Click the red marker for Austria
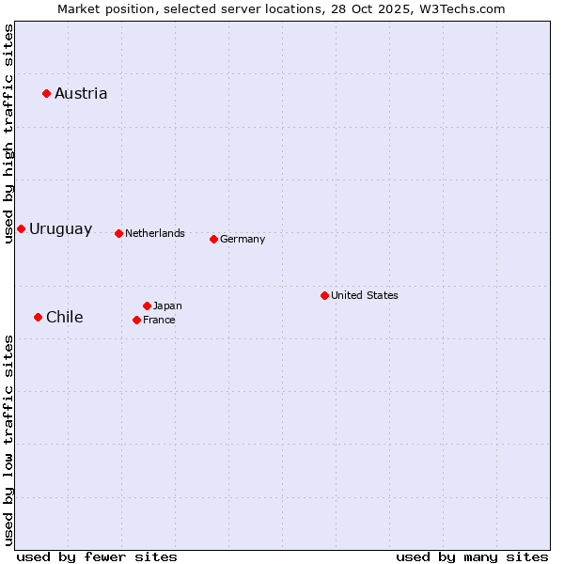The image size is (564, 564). point(46,93)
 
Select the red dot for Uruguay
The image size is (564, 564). point(21,228)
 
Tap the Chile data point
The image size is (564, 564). point(38,317)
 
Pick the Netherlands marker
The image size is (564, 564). point(118,233)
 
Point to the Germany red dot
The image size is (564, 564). point(213,239)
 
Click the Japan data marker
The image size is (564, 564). point(147,305)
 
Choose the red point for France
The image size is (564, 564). point(136,320)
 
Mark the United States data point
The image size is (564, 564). point(324,295)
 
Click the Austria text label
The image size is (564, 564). point(81,93)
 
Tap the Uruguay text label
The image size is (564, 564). point(60,229)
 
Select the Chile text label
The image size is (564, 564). point(64,317)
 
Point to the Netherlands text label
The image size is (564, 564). point(155,233)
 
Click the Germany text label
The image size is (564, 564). point(243,239)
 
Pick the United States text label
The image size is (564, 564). point(365,295)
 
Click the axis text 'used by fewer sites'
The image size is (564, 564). point(97,556)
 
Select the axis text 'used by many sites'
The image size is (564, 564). point(472,556)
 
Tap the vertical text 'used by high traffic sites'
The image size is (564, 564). point(8,133)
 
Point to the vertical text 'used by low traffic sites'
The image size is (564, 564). point(8,439)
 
